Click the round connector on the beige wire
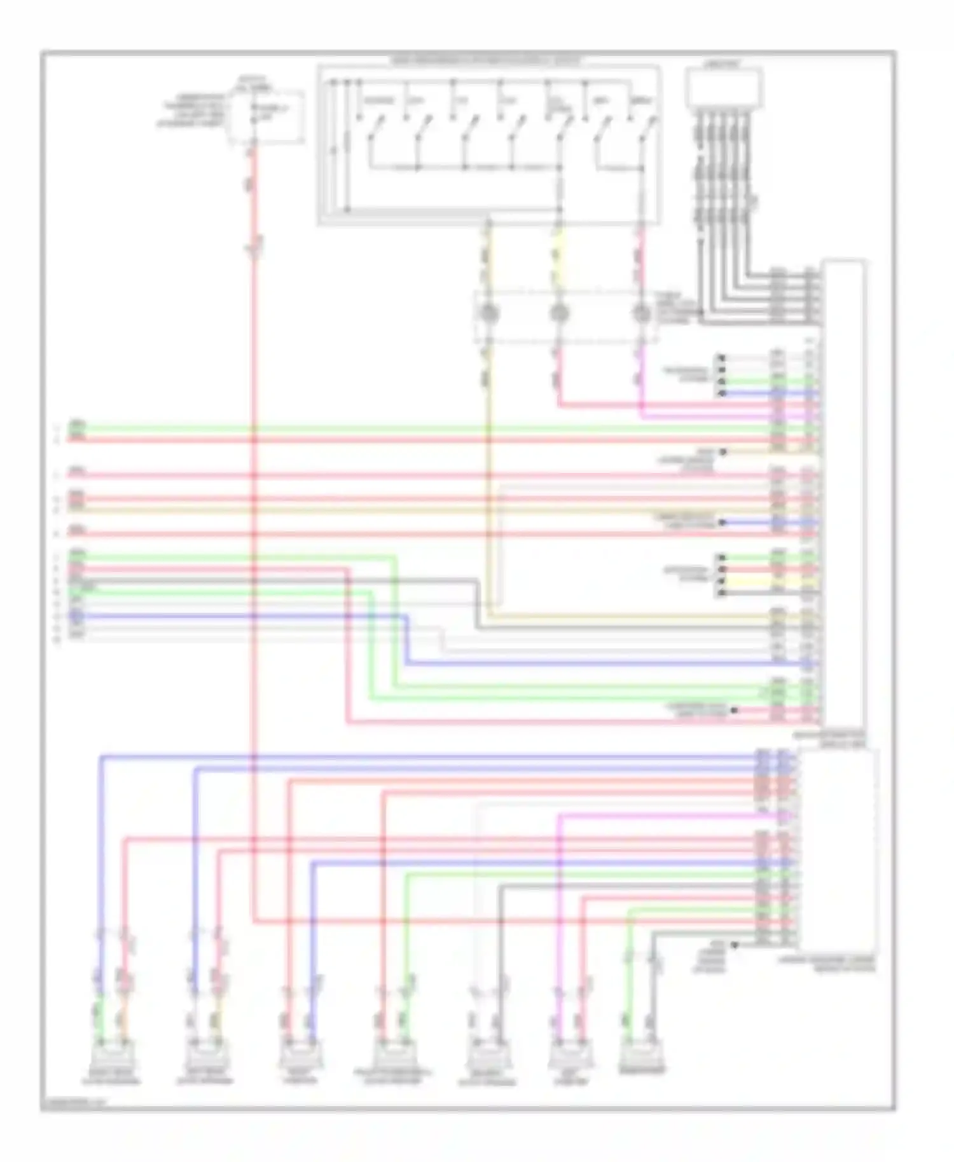(488, 313)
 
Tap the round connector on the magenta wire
(642, 313)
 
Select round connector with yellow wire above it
(558, 313)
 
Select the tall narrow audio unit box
(844, 496)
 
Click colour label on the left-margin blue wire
(76, 615)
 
